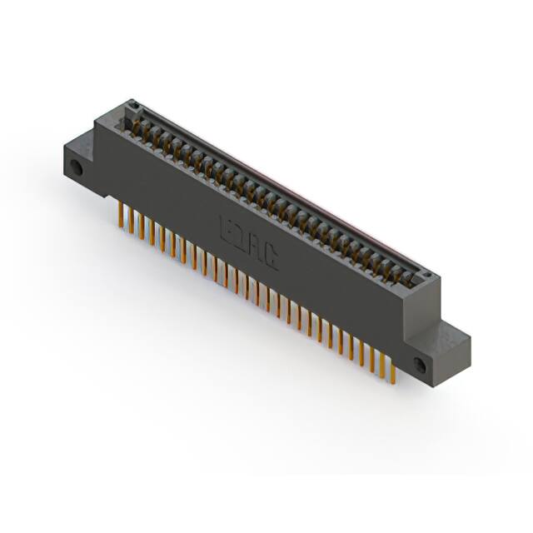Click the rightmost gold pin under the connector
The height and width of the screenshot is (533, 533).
(390, 366)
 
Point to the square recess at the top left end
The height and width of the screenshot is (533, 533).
(130, 107)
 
